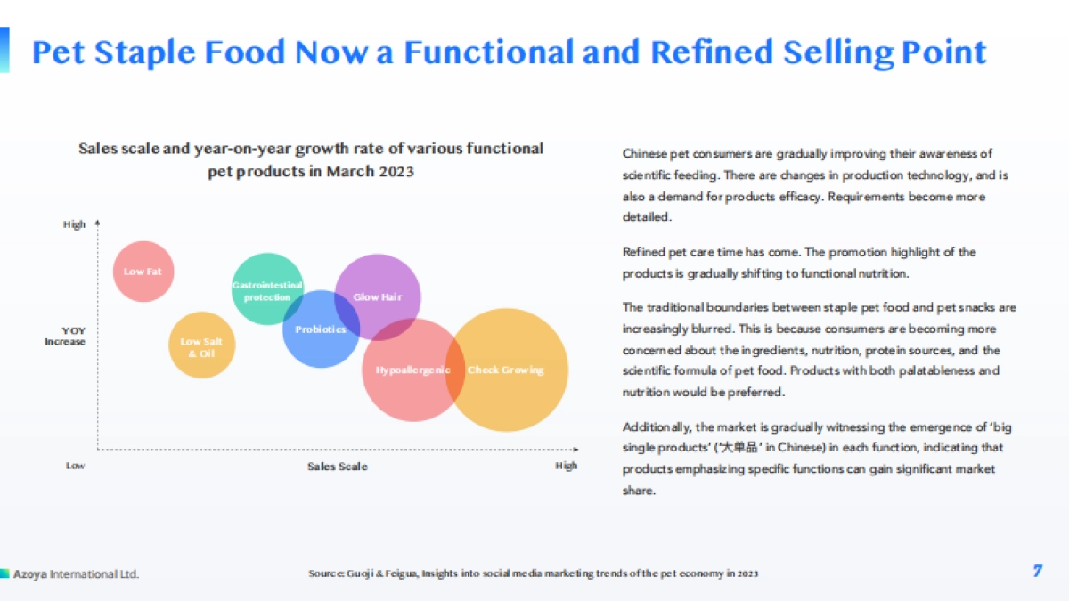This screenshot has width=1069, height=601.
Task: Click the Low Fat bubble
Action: [x=143, y=272]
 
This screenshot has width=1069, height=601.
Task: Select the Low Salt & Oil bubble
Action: [x=202, y=345]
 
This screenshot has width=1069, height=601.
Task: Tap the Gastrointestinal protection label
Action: [x=267, y=291]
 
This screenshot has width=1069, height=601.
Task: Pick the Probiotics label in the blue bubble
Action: [x=320, y=329]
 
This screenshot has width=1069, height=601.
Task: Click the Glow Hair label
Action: [x=378, y=296]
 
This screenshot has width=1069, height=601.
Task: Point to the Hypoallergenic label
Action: [x=412, y=370]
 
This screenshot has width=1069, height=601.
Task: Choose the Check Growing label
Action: [x=505, y=370]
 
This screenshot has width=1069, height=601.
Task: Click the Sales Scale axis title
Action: [x=338, y=466]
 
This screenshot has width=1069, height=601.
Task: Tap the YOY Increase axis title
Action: [x=65, y=336]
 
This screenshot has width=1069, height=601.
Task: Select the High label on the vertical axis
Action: [x=74, y=224]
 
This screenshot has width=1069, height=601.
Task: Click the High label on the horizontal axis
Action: [x=566, y=466]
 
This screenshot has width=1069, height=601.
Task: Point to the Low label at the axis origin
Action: [x=75, y=466]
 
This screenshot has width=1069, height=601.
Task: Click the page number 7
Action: [x=1038, y=571]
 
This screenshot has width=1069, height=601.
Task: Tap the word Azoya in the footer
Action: [x=30, y=573]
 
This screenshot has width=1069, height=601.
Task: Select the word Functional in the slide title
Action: [x=489, y=52]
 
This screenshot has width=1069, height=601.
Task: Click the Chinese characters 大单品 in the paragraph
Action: [x=739, y=447]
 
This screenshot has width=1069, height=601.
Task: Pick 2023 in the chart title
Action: [x=394, y=171]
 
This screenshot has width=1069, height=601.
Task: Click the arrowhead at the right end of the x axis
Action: [x=576, y=450]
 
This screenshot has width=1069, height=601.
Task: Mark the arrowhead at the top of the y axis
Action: [x=97, y=223]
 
